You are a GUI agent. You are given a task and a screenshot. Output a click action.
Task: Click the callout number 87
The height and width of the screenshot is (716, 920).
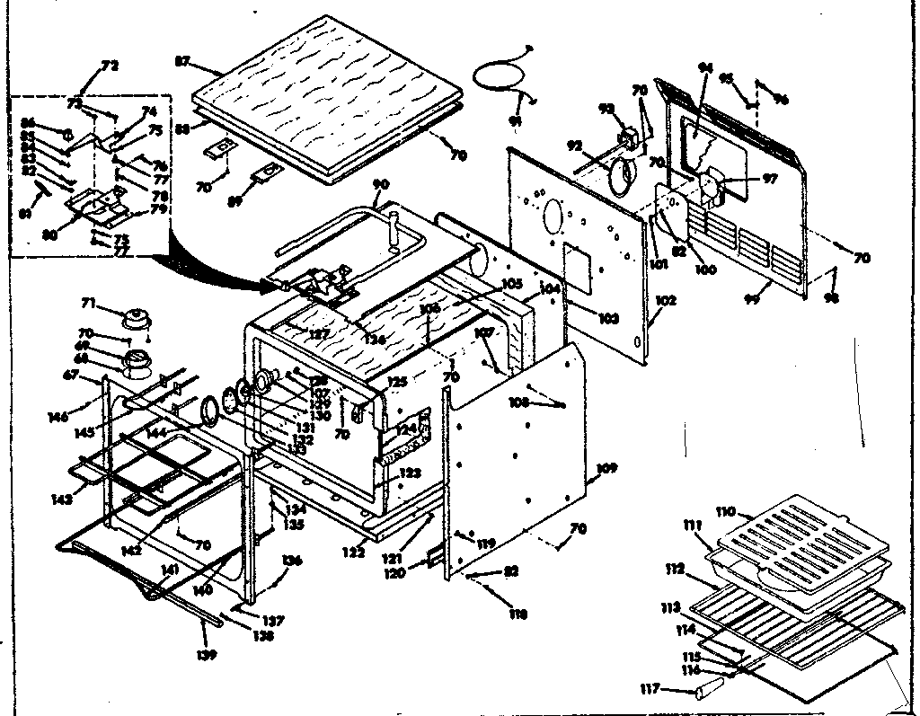click(182, 61)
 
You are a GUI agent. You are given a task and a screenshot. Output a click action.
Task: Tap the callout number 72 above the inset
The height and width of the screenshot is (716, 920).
click(110, 66)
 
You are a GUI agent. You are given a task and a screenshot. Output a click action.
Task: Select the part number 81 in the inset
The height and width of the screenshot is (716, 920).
click(26, 215)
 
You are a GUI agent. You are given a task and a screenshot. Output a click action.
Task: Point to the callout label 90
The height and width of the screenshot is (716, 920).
click(381, 185)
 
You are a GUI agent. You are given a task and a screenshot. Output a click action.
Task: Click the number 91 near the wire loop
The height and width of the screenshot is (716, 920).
click(516, 120)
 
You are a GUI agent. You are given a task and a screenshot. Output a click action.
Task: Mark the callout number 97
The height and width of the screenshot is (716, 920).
click(769, 180)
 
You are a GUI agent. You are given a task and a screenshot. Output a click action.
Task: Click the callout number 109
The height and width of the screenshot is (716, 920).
click(607, 468)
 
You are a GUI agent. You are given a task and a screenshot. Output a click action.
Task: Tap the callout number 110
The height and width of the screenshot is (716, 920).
click(725, 512)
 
